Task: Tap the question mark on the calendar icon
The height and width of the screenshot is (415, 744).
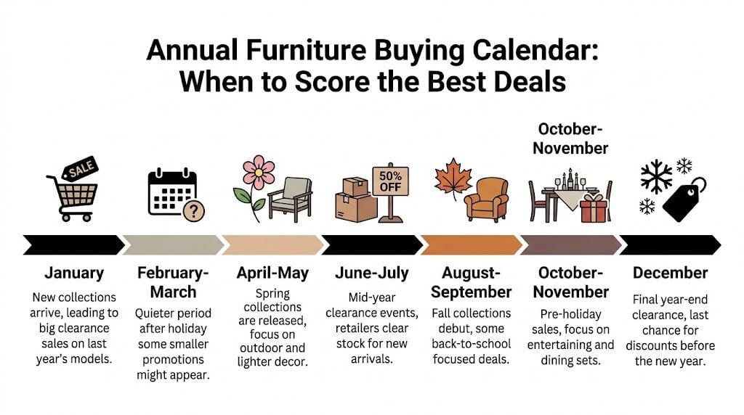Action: click(194, 210)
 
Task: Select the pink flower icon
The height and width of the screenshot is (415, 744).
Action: click(259, 175)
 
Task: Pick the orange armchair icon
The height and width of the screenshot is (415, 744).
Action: click(486, 199)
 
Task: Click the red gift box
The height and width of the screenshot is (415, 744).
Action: click(593, 208)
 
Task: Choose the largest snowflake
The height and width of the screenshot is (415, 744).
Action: click(656, 174)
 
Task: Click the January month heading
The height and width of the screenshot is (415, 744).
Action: click(73, 274)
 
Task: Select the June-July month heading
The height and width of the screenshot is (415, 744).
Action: click(371, 274)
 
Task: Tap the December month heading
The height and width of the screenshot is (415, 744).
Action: click(669, 274)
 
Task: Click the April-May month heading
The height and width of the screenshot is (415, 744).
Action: click(272, 274)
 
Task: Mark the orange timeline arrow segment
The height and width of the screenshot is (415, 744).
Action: click(470, 245)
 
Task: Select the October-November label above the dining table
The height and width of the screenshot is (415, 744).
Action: click(570, 138)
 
